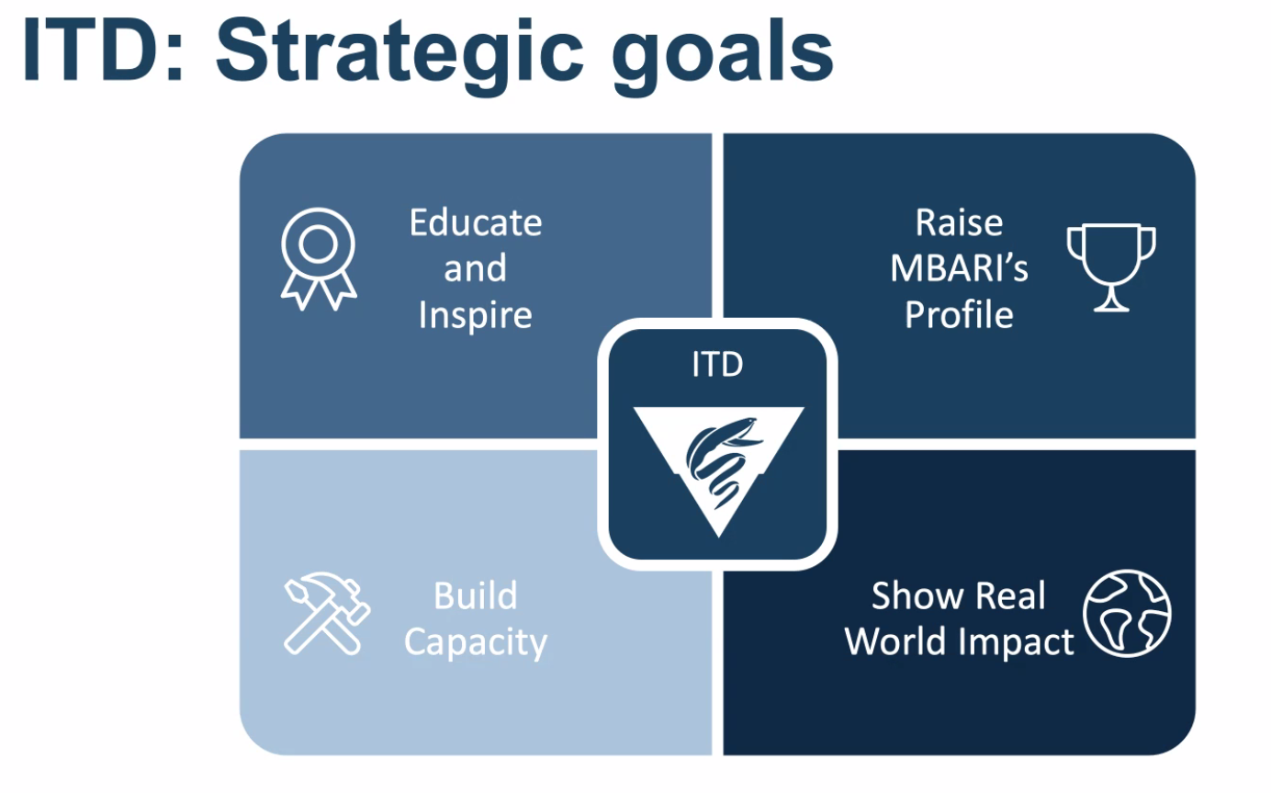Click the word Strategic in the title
399,56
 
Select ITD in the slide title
103,50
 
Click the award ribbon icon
319,258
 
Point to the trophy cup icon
1111,266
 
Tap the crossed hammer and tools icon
326,614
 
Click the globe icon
1127,614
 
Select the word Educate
476,222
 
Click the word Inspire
476,315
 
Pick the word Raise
959,222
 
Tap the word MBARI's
959,268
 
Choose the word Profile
959,314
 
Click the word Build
476,595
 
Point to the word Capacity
476,642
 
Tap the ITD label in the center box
717,364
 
